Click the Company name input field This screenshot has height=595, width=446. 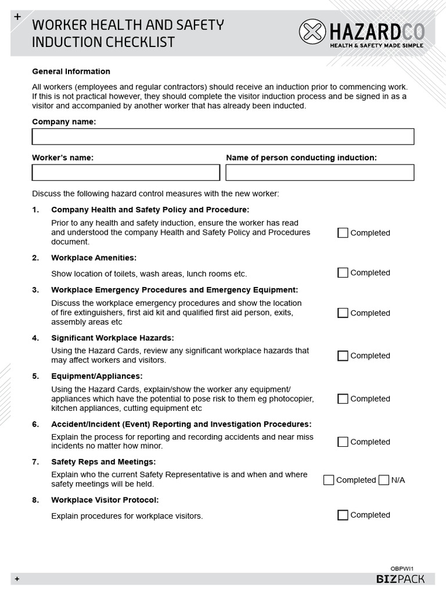click(x=223, y=137)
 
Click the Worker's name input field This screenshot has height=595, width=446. click(x=126, y=173)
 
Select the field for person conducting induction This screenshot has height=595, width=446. click(x=319, y=173)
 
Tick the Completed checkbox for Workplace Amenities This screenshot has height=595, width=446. click(x=343, y=273)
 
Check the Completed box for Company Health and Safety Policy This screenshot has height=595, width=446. click(x=343, y=233)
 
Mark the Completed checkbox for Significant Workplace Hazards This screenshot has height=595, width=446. click(x=343, y=356)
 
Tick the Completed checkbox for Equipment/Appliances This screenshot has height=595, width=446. click(x=343, y=399)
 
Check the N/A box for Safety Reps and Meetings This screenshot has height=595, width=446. click(x=384, y=480)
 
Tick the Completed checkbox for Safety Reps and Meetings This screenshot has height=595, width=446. click(x=329, y=480)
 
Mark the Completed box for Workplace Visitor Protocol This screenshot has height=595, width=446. click(x=343, y=515)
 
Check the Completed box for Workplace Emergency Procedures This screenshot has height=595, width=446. click(x=343, y=313)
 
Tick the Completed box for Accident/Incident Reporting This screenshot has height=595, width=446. click(x=343, y=442)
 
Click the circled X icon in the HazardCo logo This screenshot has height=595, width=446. click(x=312, y=31)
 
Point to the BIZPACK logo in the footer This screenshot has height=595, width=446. click(x=400, y=579)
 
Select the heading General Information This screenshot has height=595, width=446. click(x=71, y=71)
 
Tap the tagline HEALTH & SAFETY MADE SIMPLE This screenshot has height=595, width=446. click(x=376, y=45)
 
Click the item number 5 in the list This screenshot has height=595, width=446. click(x=35, y=376)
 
